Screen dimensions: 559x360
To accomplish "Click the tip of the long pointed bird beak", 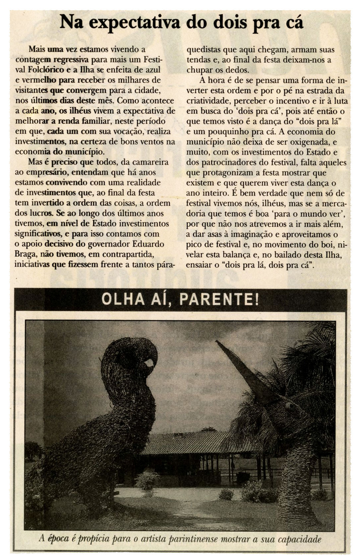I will [217, 342].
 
